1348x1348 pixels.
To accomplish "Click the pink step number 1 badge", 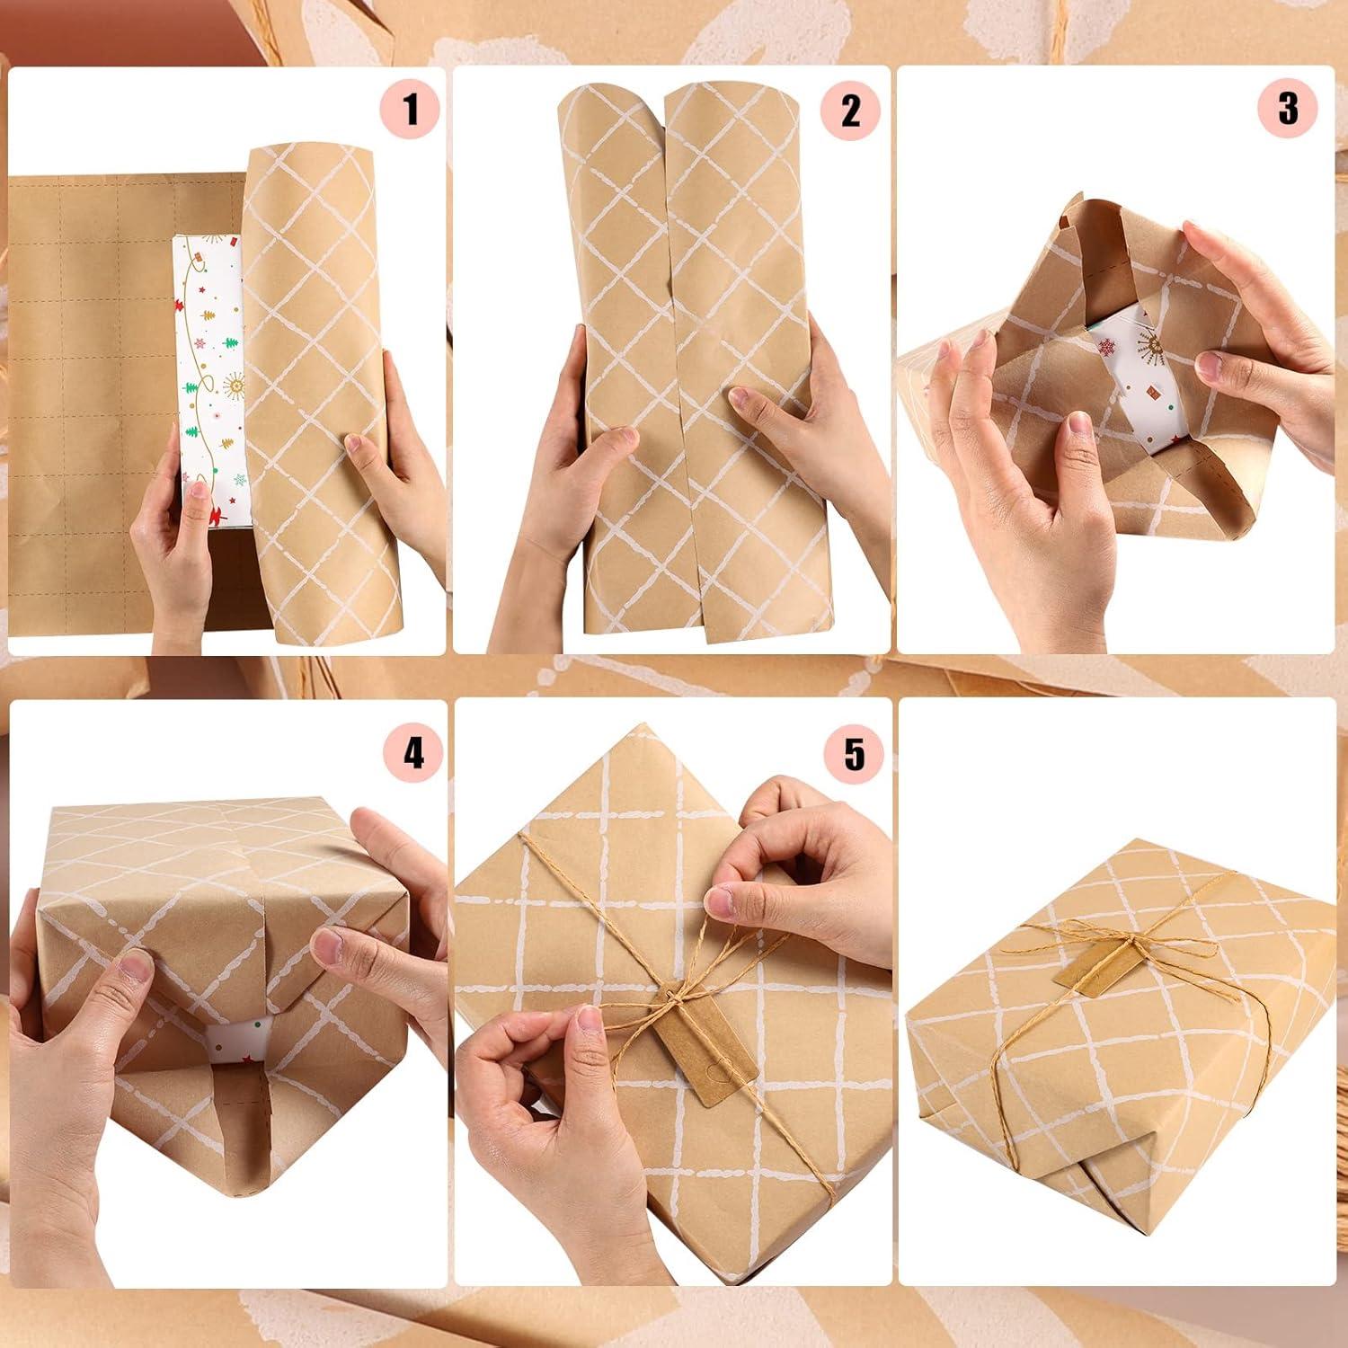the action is [x=411, y=110].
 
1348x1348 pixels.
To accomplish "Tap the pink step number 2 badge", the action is [x=850, y=110].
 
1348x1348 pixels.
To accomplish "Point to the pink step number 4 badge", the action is [x=412, y=753].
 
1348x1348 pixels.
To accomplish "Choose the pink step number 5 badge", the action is [x=854, y=753].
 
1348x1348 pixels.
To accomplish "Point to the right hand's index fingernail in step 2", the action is [x=741, y=398].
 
